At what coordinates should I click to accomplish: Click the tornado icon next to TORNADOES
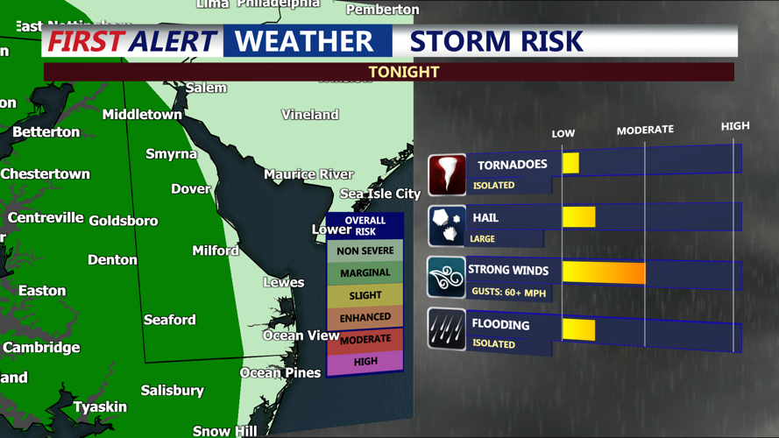(447, 174)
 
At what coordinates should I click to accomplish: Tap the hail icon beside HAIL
(447, 226)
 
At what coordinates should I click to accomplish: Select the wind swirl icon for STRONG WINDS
(447, 278)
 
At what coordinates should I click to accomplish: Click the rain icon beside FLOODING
(447, 329)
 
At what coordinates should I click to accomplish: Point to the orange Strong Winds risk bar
(604, 272)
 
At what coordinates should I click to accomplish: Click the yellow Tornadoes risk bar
(570, 163)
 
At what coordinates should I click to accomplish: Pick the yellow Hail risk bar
(578, 216)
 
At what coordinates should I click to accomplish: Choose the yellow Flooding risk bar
(578, 329)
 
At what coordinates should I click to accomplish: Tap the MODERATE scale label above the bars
(645, 130)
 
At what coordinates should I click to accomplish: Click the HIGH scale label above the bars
(735, 126)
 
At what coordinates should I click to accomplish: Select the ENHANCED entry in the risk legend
(365, 317)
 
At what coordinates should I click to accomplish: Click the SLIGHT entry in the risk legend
(365, 295)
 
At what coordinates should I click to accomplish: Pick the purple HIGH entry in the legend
(365, 361)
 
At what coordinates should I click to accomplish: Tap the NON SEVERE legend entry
(365, 251)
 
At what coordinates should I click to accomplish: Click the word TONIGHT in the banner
(404, 72)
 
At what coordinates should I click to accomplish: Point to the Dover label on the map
(190, 188)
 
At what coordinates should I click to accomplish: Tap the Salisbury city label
(172, 390)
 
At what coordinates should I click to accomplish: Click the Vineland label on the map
(309, 115)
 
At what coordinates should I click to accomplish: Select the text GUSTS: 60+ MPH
(507, 291)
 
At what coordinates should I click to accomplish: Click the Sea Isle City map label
(380, 194)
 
